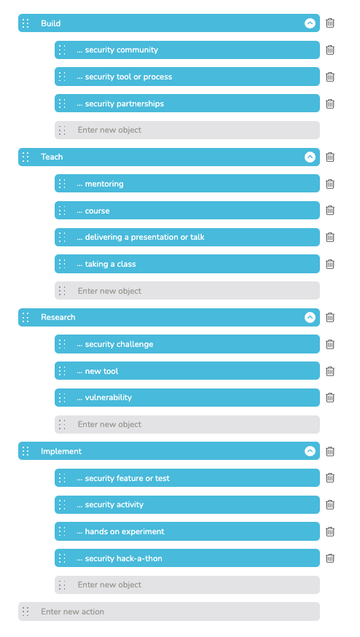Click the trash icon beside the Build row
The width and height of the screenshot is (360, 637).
(330, 23)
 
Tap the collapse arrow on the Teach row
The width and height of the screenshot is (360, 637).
(310, 157)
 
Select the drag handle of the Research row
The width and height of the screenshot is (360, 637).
(26, 317)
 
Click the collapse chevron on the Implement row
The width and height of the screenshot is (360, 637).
(310, 451)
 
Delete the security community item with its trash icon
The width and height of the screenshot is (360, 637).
(330, 50)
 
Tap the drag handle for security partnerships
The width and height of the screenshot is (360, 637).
(62, 103)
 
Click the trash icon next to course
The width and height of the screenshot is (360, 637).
(330, 211)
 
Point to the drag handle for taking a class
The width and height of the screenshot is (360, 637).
(62, 264)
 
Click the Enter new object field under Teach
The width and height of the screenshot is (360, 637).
(187, 291)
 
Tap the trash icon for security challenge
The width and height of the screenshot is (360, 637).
(330, 344)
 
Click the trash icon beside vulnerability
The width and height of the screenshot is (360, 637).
(330, 397)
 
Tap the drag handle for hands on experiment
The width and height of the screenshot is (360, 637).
(62, 531)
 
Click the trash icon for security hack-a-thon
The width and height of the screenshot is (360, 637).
(330, 558)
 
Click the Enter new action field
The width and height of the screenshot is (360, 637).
(169, 611)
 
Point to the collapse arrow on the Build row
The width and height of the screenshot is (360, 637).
(310, 23)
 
